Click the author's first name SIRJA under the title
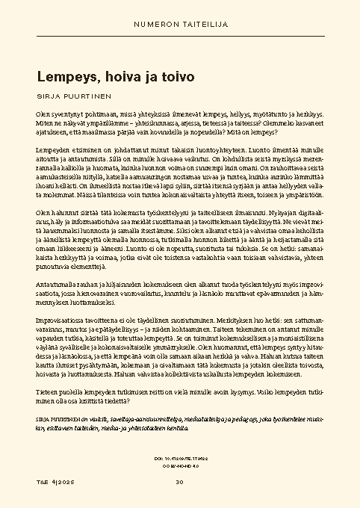(x=49, y=96)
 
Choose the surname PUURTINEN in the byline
(x=87, y=96)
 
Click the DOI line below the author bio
(x=180, y=458)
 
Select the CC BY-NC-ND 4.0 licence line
(x=180, y=465)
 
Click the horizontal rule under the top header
(x=180, y=35)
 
